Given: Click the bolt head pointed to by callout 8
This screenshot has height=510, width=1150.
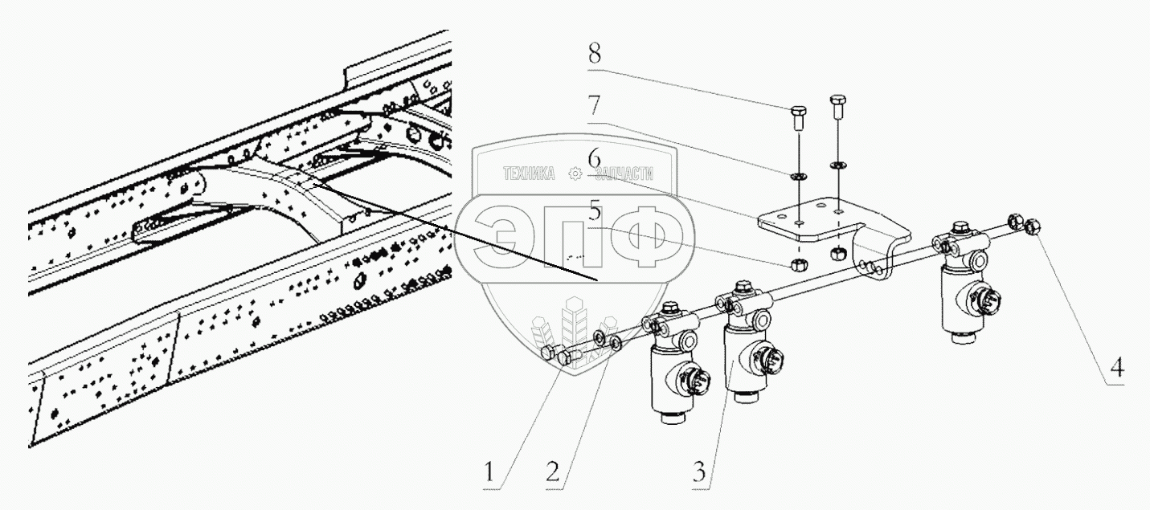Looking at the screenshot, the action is (x=797, y=112).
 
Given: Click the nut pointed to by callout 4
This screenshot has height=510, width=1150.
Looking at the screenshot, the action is (x=1033, y=228).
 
